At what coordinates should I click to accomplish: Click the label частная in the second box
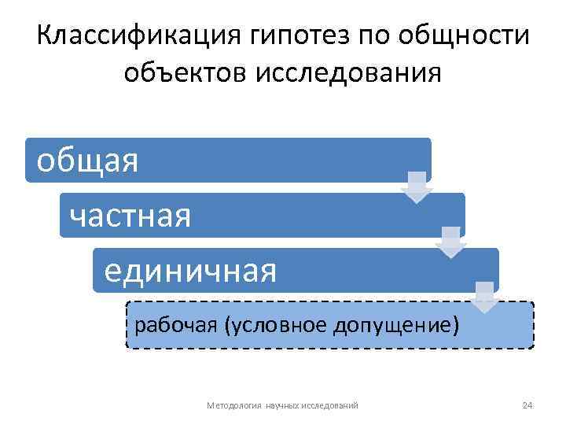[130, 216]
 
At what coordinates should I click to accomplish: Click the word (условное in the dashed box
[270, 324]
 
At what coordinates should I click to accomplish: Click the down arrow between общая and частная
[417, 187]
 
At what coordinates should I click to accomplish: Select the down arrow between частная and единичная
[450, 242]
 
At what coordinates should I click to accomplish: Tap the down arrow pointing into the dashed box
[484, 297]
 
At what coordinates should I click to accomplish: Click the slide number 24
[527, 405]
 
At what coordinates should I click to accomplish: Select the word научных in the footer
[282, 405]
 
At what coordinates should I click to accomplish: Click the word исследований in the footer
[330, 405]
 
